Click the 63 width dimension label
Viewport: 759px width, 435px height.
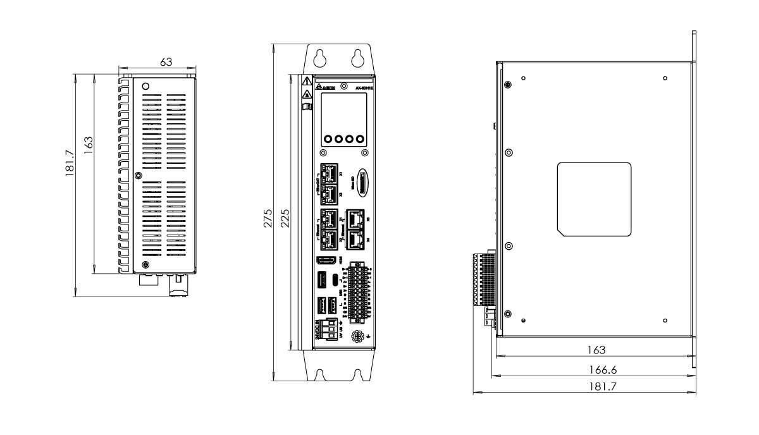pyautogui.click(x=166, y=62)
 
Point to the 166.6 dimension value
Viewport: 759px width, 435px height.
pyautogui.click(x=588, y=369)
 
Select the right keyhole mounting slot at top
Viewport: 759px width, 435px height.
pyautogui.click(x=359, y=58)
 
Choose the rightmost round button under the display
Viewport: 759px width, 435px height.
pyautogui.click(x=361, y=138)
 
